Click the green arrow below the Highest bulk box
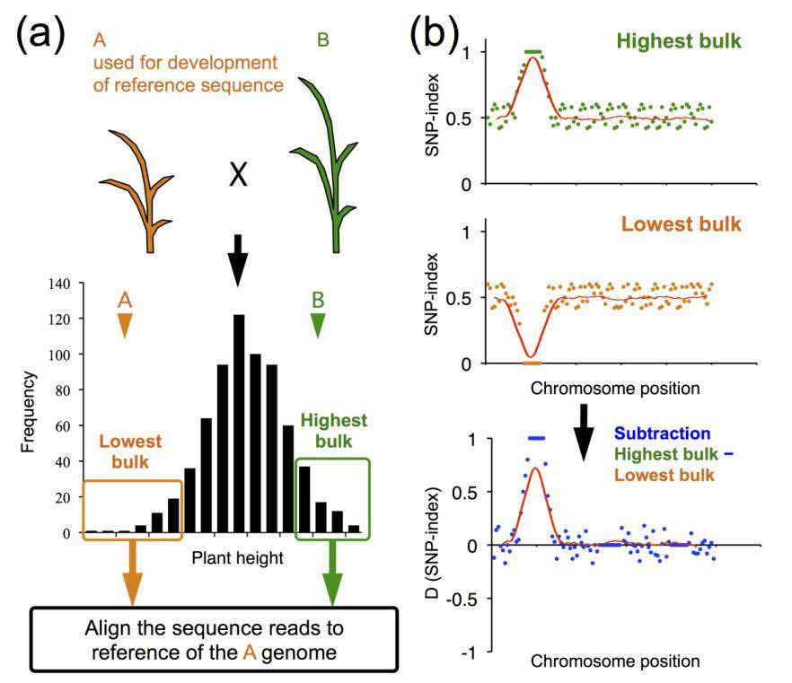[x=333, y=574]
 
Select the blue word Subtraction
[x=664, y=433]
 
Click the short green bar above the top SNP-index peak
[x=532, y=52]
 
